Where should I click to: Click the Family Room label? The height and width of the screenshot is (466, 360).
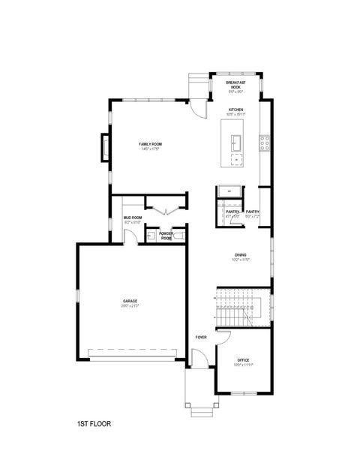pos(150,143)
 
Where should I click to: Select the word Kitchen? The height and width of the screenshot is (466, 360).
pos(236,110)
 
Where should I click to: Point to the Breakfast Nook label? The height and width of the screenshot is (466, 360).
pos(235,85)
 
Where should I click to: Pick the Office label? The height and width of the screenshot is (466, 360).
pos(242,360)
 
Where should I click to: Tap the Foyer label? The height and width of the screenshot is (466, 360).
pos(201,337)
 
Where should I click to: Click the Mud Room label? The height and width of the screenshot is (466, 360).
pos(132,218)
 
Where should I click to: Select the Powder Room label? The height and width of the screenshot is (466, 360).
pos(166,235)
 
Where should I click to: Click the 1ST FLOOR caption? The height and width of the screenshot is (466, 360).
pos(94,424)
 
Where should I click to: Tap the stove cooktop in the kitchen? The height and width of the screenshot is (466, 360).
pos(263,143)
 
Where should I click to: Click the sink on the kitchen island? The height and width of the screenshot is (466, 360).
pos(236,141)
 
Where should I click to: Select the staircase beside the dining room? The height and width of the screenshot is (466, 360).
pos(241,307)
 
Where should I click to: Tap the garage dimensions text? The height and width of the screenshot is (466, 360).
pos(130,306)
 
